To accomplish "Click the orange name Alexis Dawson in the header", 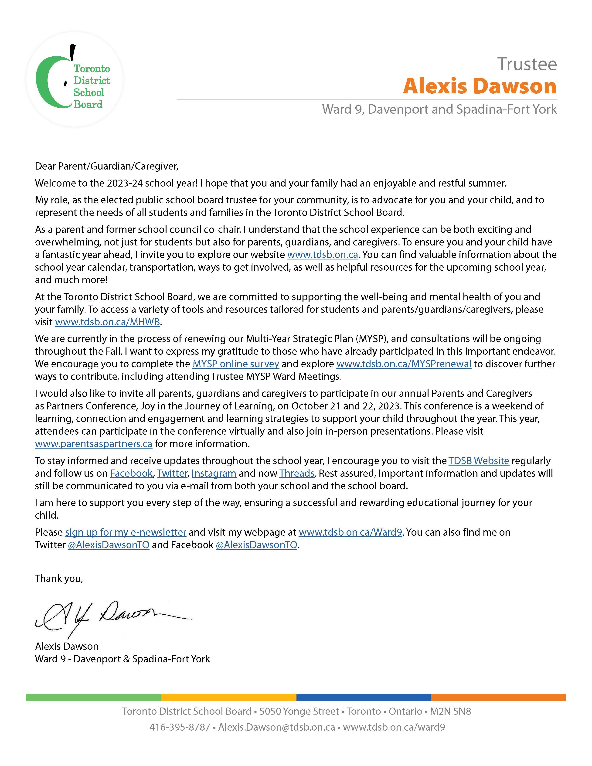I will [480, 86].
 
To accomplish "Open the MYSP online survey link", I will [236, 364].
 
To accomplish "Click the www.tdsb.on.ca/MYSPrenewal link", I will [404, 364].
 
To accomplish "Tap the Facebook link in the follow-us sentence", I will [131, 473].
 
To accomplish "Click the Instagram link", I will [214, 473].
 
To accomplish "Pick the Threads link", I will [297, 473].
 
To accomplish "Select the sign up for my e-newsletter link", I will [126, 532].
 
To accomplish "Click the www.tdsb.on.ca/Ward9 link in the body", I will [350, 532].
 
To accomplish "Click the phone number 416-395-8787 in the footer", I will [180, 727].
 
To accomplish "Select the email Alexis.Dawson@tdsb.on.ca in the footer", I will [276, 727].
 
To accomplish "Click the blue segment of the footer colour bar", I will [363, 697].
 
